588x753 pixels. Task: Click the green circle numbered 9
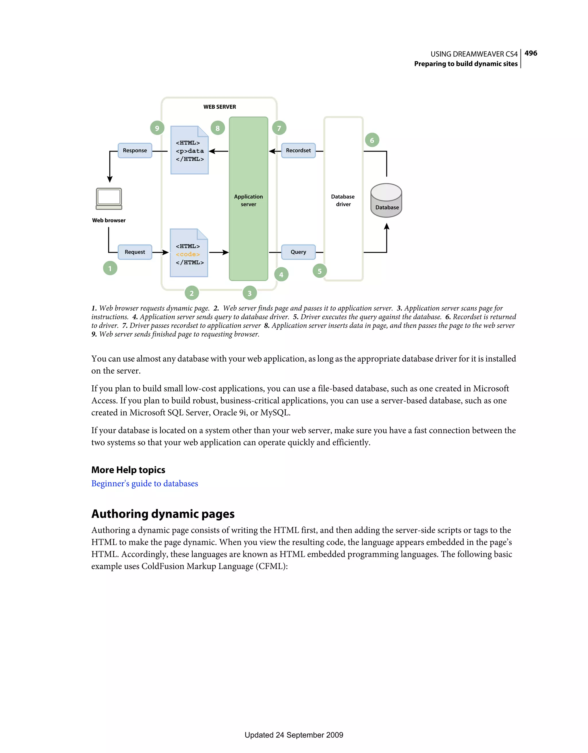tap(157, 128)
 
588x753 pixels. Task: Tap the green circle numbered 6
tap(372, 140)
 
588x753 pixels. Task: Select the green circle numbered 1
tap(110, 268)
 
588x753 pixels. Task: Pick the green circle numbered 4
tap(281, 275)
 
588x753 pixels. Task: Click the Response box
tap(135, 151)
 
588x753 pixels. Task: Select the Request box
tap(135, 252)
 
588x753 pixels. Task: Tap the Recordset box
tap(298, 151)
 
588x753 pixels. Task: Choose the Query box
tap(298, 252)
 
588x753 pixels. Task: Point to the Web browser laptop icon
tap(109, 199)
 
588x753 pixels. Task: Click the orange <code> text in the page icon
tap(188, 254)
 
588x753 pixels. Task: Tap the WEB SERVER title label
tap(219, 107)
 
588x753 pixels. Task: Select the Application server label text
tap(248, 200)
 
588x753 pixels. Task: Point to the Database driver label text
tap(343, 200)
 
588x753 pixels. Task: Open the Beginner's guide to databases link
tap(145, 483)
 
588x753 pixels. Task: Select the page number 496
tap(531, 53)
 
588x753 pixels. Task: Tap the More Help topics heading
tap(128, 470)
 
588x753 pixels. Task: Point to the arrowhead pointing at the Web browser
tap(110, 179)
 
